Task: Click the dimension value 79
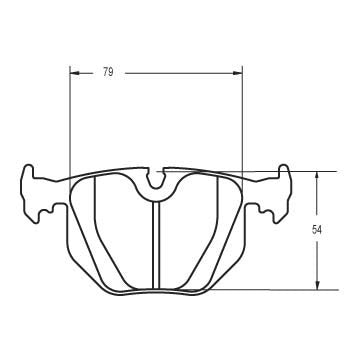[106, 71]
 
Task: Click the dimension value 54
[317, 230]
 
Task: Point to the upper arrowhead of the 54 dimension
[317, 175]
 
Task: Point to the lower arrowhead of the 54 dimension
[317, 285]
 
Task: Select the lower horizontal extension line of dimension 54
[280, 289]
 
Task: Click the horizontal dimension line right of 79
[180, 71]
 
